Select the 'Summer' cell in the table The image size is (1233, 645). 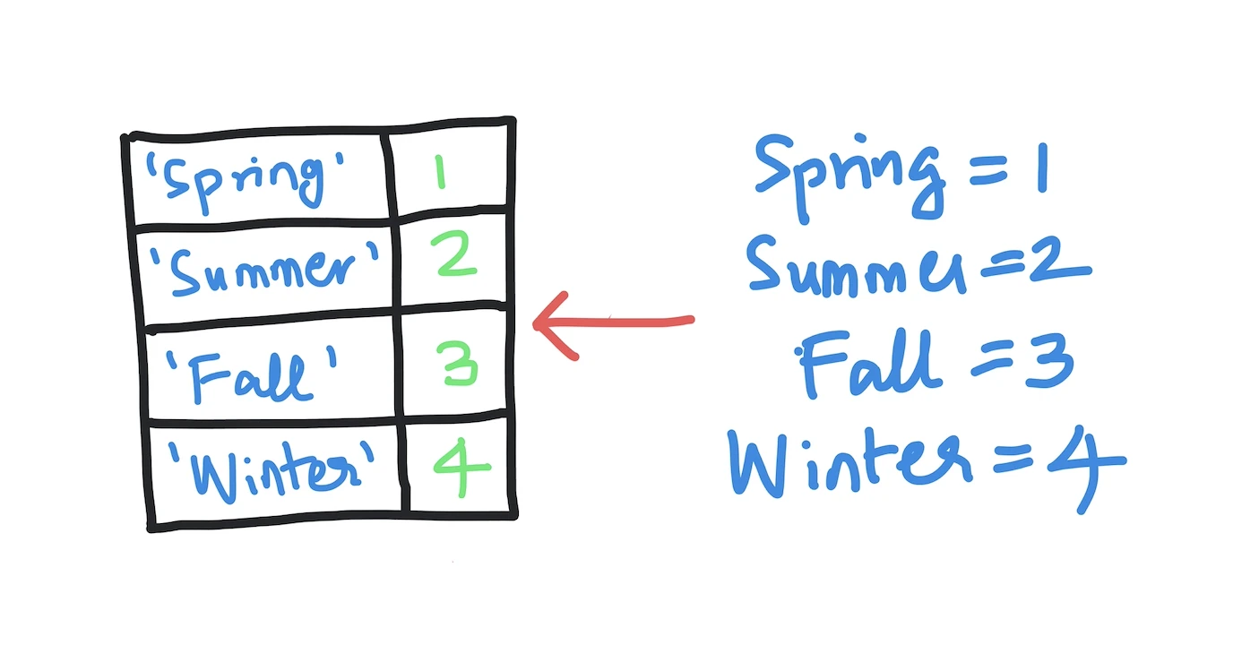[x=264, y=270]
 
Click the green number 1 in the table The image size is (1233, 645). [x=440, y=172]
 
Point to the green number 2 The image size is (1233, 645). [x=453, y=254]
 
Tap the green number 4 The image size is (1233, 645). [x=461, y=468]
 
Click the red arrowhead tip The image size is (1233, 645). [x=534, y=324]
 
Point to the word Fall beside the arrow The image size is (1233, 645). [x=868, y=363]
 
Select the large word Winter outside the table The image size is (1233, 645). [x=849, y=462]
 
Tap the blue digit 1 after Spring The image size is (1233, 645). [x=1042, y=168]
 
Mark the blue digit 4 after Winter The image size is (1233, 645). [x=1088, y=469]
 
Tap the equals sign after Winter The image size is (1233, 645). [x=1013, y=459]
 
